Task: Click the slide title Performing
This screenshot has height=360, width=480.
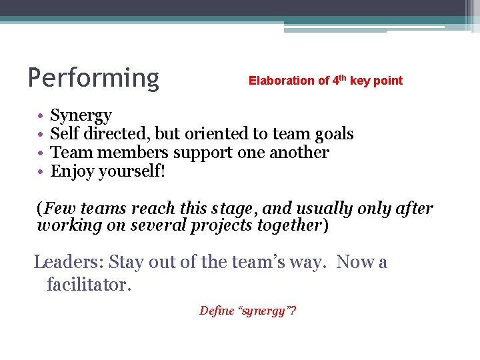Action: click(93, 78)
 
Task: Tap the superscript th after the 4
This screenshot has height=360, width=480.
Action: click(343, 77)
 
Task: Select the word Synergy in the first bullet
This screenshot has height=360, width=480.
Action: click(81, 116)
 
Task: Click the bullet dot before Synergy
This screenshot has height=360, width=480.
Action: click(40, 116)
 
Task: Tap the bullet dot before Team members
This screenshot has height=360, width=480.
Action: click(40, 153)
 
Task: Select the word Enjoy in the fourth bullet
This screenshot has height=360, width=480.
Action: click(72, 171)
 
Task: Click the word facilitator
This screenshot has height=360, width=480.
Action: click(87, 285)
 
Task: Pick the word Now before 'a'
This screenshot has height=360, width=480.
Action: click(356, 262)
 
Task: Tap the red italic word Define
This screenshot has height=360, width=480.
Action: click(217, 311)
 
